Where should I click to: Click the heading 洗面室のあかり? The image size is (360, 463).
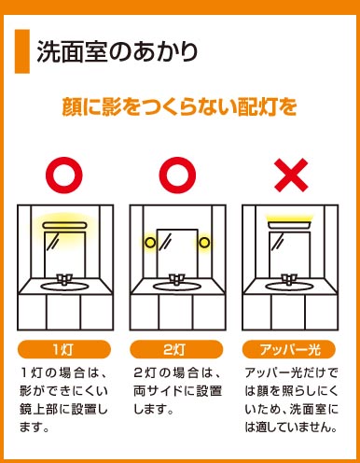point(118,51)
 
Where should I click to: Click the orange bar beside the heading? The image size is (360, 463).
point(22,51)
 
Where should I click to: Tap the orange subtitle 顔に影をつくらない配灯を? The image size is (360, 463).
point(179,106)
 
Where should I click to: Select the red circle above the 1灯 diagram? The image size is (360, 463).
point(64,175)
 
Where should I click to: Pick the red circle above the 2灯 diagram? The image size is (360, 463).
point(177,175)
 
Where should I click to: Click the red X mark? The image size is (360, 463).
point(291,175)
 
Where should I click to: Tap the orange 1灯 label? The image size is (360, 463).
point(64,349)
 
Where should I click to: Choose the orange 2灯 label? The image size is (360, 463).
point(176,349)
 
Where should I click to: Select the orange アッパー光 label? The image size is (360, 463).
point(289,349)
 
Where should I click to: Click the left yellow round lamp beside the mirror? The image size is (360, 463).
point(150,243)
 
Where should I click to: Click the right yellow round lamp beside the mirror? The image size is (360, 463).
point(204,243)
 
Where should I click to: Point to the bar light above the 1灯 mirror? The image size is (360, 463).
point(65,225)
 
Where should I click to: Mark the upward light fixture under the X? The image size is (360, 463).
point(290,225)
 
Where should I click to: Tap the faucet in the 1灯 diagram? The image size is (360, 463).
point(64,279)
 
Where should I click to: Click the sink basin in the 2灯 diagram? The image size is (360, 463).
point(176,287)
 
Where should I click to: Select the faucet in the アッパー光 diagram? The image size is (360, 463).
point(289,279)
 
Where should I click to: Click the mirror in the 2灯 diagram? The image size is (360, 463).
point(177,254)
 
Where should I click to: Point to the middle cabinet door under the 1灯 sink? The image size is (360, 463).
point(63,312)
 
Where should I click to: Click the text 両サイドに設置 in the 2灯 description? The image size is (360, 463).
point(177,391)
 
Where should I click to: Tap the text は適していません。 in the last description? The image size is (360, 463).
point(291,428)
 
